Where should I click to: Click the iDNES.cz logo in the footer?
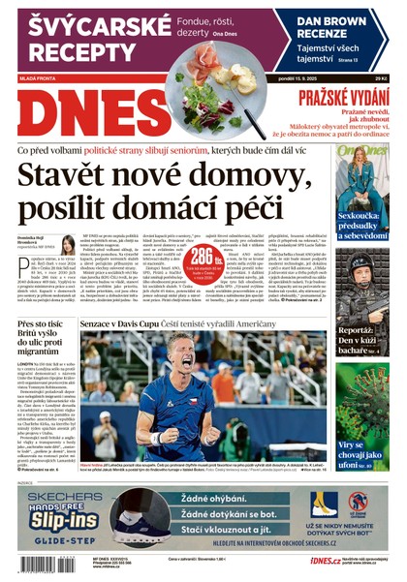324,561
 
